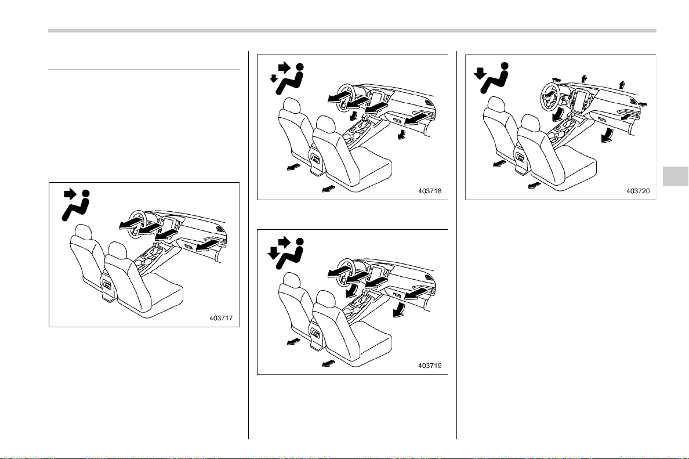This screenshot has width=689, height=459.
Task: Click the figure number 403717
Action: pos(221,319)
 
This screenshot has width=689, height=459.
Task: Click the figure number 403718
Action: pos(430,191)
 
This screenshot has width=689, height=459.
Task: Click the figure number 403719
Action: pos(430,366)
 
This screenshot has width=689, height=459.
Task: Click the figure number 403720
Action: pos(638,191)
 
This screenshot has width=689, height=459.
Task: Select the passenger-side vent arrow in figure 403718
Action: pos(416,118)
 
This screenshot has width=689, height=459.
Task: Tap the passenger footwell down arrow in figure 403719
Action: pos(400,309)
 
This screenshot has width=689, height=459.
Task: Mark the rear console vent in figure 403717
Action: pos(107,286)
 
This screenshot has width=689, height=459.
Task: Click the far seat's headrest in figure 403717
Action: pos(83,232)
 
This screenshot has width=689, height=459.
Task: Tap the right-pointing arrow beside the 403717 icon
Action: pos(70,194)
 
